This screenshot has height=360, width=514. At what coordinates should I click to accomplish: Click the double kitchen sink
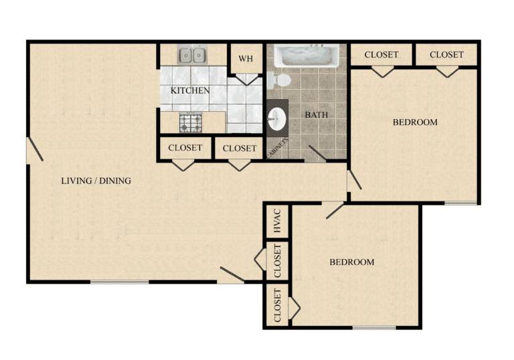point(192,55)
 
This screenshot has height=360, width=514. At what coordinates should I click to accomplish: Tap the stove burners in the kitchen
point(191,122)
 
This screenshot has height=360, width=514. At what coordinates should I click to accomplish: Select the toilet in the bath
point(278,80)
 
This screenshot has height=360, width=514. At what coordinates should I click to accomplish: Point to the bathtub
point(307,56)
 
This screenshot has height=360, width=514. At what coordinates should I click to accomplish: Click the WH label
point(246,59)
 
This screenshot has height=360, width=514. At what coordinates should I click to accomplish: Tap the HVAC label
point(277,221)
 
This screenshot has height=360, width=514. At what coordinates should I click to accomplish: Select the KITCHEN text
point(190,90)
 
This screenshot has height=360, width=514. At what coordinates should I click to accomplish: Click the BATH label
point(316,114)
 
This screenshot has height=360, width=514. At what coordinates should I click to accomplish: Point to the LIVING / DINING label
point(96,181)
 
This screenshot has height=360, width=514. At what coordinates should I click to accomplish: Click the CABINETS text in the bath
point(278,148)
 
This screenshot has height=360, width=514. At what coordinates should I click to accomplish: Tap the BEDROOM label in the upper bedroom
point(415,122)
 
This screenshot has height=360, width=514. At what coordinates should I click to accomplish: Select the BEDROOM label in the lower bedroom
point(352,262)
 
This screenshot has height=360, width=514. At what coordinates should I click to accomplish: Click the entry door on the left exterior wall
point(35,149)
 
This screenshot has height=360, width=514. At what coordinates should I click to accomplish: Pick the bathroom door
point(317,153)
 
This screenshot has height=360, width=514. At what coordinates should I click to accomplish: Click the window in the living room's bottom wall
point(119,282)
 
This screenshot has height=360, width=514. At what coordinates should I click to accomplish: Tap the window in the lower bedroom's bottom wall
point(374,327)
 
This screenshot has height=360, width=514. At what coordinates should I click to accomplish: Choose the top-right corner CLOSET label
point(446,54)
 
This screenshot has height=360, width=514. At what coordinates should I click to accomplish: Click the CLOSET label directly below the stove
point(185,148)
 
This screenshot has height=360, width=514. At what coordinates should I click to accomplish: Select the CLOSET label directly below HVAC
point(277,261)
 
